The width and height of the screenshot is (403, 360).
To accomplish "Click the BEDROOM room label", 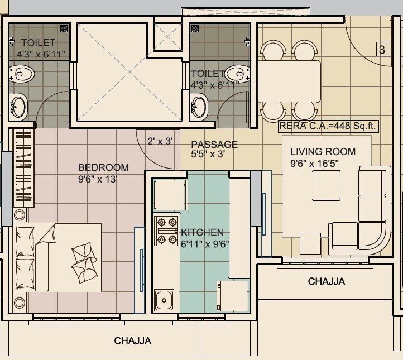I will [103, 167].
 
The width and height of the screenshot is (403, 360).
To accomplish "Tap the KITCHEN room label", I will [202, 232].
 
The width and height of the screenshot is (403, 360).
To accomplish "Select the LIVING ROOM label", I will [323, 152].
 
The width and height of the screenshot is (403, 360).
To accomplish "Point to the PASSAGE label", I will [214, 145].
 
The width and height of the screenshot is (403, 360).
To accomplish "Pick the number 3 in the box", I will [382, 50].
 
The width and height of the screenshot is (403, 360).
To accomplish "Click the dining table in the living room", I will [289, 80].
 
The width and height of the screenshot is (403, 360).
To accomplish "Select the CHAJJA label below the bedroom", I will [133, 340].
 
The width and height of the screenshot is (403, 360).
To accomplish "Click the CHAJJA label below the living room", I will [327, 281].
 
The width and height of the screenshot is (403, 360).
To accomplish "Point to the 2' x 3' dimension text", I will [159, 141].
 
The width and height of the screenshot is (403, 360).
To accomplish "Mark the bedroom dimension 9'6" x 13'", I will [98, 180].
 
